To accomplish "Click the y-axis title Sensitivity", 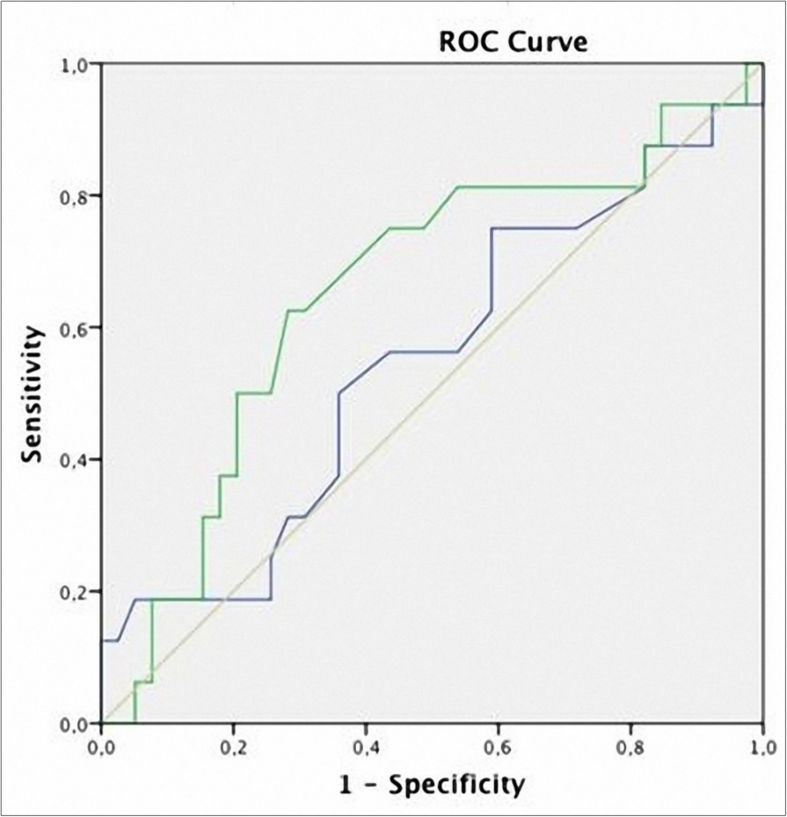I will (33, 394).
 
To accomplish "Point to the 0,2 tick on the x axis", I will (234, 747).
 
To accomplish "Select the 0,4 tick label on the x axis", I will (366, 747).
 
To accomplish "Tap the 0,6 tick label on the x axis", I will (498, 747).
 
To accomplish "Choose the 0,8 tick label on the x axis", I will (630, 747).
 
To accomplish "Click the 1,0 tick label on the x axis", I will (761, 747).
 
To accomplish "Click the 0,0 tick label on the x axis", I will (102, 747).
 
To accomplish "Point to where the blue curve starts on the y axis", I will (103, 640).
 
